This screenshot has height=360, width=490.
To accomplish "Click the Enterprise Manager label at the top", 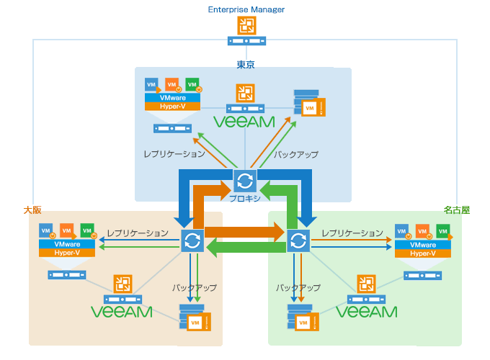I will point(246,9).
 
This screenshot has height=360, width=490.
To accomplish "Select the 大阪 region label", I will point(32,210).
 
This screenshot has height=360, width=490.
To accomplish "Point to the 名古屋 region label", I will point(456,210).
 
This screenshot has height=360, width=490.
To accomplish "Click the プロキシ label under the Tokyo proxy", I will point(245,198).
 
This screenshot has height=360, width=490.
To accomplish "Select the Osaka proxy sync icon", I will point(192,240).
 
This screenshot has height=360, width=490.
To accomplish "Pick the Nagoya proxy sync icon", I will point(298,240).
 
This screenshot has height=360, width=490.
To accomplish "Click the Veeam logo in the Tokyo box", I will point(245,120).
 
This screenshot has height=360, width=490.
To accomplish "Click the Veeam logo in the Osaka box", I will point(121,312).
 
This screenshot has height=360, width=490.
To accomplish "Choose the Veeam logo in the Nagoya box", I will point(367,312).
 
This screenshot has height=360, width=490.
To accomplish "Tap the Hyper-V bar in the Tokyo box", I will point(171,106).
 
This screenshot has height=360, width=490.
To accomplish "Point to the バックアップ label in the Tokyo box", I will point(296,154).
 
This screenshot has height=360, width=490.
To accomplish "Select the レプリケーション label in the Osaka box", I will point(138,233).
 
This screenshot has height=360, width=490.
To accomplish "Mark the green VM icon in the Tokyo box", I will point(192,85).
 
